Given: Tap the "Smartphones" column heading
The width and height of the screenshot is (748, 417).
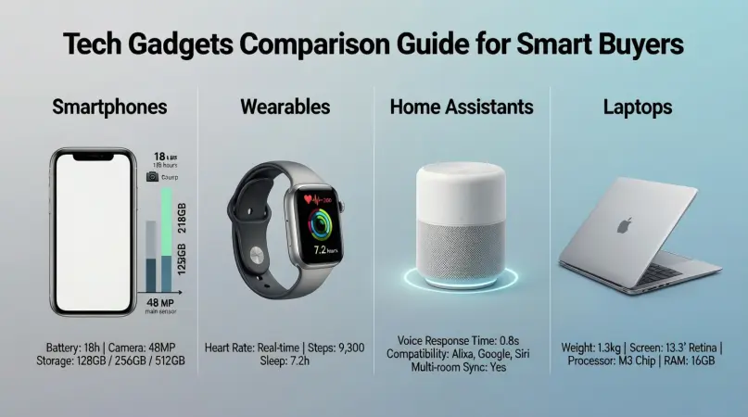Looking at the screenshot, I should [x=110, y=107].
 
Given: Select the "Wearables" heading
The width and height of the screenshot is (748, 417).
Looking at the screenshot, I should [x=285, y=107].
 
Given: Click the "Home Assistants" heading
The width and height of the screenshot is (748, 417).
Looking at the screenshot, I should [x=462, y=107].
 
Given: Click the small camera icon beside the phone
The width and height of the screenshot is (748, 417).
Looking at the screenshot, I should [x=152, y=176].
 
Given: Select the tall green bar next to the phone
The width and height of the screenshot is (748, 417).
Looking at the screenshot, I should [x=167, y=222].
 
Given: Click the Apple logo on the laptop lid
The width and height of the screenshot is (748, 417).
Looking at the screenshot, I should [x=625, y=223].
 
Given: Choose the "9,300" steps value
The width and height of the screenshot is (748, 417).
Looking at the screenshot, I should [x=349, y=347].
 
